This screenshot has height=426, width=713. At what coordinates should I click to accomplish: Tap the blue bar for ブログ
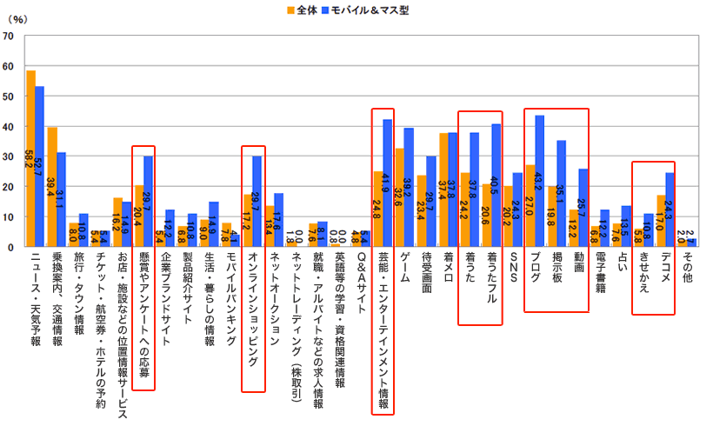tap(539, 182)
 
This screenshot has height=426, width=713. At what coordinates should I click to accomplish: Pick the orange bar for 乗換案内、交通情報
tap(52, 187)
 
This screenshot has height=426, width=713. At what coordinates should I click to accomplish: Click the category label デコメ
tap(665, 269)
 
